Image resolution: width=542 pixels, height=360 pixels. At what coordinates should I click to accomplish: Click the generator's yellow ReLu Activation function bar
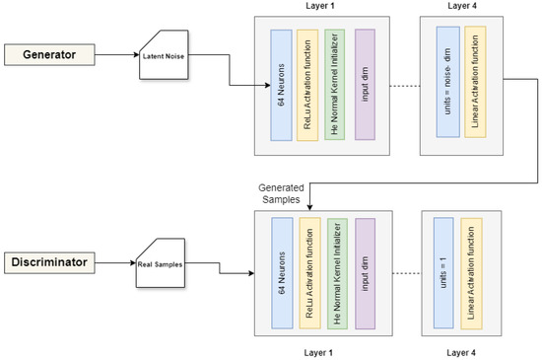coord(307,84)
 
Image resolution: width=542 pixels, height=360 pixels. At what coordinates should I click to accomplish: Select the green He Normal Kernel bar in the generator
coord(335,84)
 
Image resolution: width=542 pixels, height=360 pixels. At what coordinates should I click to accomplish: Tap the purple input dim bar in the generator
coord(364,84)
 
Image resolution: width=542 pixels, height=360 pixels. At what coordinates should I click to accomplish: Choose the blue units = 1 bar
coord(446,266)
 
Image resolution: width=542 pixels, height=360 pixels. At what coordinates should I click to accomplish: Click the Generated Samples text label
coord(278,193)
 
